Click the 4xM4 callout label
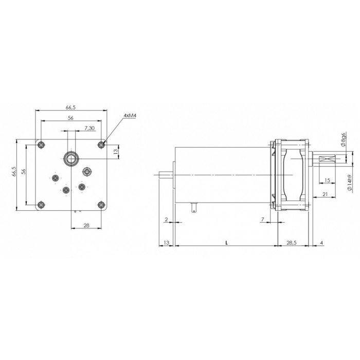point(130,116)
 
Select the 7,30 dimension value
point(89,128)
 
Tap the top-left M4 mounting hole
point(41,145)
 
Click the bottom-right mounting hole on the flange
point(101,204)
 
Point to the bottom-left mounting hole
point(41,204)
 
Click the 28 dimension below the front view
point(86,225)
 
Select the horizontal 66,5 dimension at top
point(71,107)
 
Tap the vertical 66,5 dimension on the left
point(14,171)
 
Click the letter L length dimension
point(227,243)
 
